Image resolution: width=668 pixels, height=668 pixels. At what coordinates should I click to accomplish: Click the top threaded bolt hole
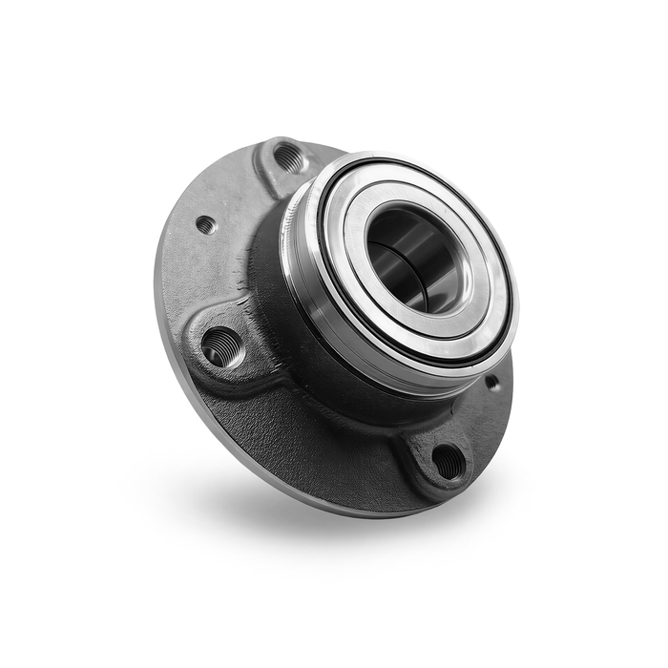coord(288,157)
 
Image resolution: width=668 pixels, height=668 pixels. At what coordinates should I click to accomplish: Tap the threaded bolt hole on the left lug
coord(221,345)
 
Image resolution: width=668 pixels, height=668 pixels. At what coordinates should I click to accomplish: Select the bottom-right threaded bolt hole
coord(448,461)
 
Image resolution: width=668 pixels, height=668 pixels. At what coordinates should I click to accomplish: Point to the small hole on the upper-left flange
coord(204,225)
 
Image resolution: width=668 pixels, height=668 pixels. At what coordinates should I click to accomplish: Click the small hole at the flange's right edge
coord(491,383)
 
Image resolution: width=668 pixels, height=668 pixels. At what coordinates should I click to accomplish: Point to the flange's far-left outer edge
coord(158,286)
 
